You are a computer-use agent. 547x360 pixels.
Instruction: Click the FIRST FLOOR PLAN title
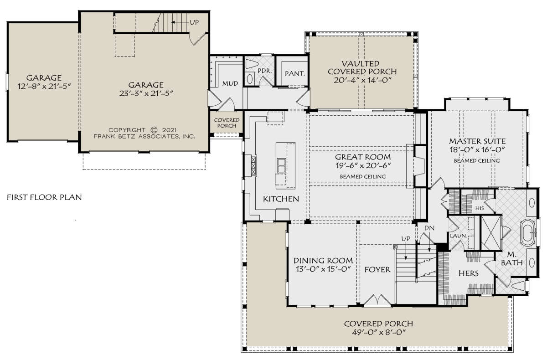(44, 197)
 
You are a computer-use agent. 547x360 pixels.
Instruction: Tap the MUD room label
(230, 84)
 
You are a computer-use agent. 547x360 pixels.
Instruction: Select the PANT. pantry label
(295, 73)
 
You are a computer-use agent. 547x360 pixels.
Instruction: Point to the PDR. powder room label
(265, 71)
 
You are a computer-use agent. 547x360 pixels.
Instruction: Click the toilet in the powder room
(252, 64)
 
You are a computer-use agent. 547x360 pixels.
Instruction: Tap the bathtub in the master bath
(528, 233)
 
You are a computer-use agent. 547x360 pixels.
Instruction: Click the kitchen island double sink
(281, 166)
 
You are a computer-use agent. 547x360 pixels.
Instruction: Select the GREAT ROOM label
(363, 157)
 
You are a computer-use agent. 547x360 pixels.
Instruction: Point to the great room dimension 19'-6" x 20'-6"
(363, 166)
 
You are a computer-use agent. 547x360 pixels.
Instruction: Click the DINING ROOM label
(323, 261)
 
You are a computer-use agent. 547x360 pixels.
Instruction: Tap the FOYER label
(377, 269)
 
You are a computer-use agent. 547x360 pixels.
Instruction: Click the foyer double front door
(377, 300)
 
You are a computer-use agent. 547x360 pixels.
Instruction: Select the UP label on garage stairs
(194, 22)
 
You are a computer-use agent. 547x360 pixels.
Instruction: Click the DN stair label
(429, 228)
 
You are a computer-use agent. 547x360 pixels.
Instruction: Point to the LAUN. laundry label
(459, 236)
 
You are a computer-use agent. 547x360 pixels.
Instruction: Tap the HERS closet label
(469, 273)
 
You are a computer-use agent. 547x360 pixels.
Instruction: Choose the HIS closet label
(480, 208)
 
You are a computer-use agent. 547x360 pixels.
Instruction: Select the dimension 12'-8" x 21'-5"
(44, 87)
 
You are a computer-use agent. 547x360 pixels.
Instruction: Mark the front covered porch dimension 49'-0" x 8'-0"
(378, 332)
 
